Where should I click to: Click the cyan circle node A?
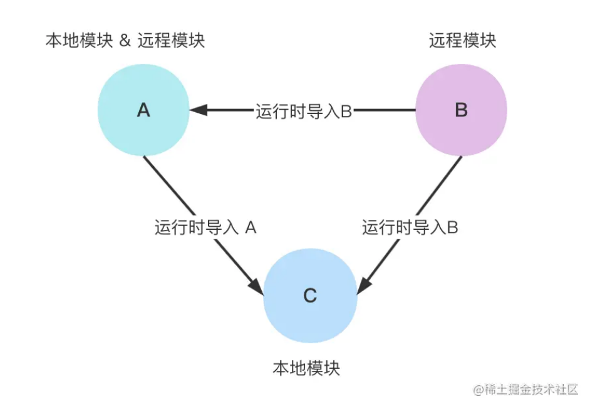coord(143,110)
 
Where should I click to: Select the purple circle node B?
coord(461,110)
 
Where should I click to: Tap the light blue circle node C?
coord(310,296)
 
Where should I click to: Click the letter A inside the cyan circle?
coord(143,110)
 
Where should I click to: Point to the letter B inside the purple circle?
coord(461,110)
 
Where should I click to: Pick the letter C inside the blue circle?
coord(310,296)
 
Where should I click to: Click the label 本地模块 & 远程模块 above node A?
coord(125,41)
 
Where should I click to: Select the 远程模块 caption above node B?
coord(462,41)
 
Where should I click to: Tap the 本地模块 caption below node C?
coord(306,368)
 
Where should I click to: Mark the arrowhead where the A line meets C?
coord(257,285)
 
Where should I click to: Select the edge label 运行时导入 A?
coord(205,227)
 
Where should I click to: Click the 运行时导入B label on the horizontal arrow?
coord(304,111)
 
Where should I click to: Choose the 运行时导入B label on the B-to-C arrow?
coord(410,227)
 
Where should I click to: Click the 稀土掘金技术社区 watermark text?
coord(526,389)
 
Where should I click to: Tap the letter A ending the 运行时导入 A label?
coord(251,227)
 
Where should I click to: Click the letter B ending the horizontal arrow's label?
coord(346,111)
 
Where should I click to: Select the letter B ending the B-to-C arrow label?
coord(452,227)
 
